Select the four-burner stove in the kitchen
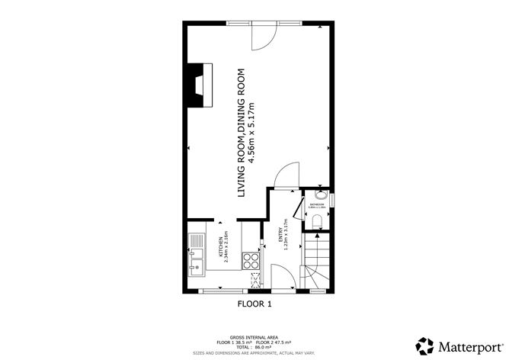(250, 262)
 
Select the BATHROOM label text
(319, 204)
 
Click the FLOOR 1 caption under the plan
(254, 304)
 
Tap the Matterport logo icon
(421, 344)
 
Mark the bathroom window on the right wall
(332, 201)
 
